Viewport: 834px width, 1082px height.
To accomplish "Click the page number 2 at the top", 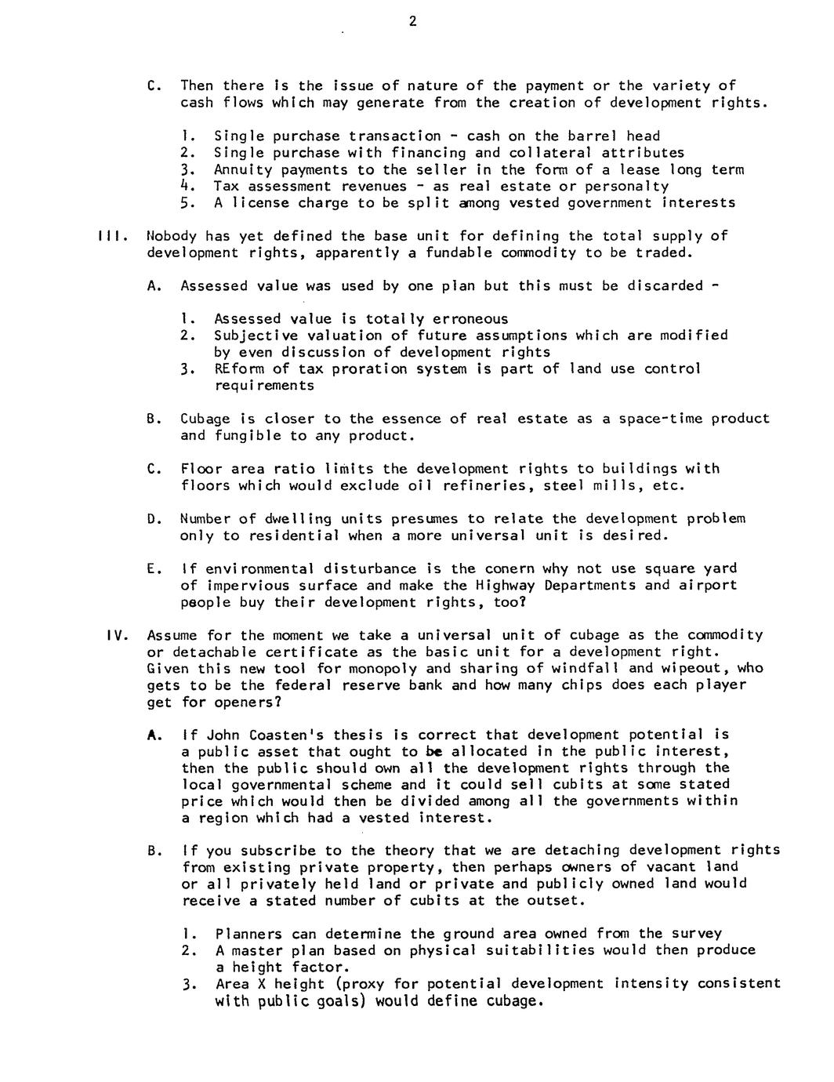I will coord(412,22).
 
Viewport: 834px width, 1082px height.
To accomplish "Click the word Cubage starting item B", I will coord(205,419).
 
